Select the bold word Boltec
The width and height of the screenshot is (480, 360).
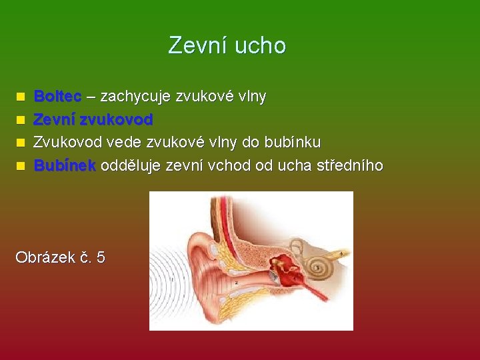click(x=57, y=97)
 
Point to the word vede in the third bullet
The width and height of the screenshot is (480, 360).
click(x=123, y=143)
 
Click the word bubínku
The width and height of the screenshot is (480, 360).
click(x=293, y=143)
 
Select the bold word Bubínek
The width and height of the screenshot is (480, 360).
click(x=65, y=165)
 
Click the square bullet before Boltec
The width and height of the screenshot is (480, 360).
click(x=21, y=97)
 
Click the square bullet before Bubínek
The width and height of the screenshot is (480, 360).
click(x=21, y=166)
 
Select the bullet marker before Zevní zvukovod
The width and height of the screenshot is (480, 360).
click(x=21, y=121)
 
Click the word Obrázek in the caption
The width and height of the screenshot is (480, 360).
click(x=43, y=257)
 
